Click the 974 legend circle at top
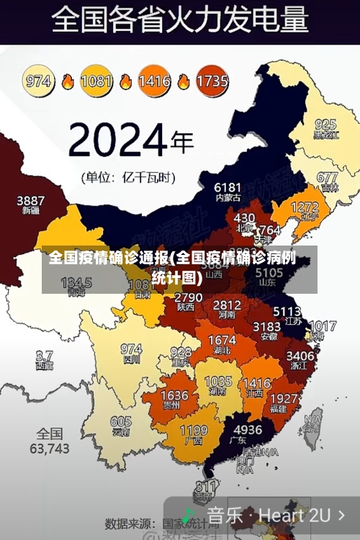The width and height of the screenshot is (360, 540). point(39,81)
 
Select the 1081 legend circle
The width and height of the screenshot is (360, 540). point(96,81)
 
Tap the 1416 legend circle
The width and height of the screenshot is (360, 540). point(153,81)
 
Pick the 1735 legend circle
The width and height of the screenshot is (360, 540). point(212,81)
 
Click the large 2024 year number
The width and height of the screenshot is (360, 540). point(118,138)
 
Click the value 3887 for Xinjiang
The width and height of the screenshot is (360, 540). point(30,200)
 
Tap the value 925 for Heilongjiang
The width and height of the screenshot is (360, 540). point(325,124)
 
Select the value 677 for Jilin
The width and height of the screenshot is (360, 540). point(327,177)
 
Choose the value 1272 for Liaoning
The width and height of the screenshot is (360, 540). point(304,207)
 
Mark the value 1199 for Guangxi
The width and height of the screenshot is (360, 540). point(193,431)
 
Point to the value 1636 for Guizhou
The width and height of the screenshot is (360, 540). point(174,396)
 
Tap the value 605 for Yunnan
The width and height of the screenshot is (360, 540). point(121,422)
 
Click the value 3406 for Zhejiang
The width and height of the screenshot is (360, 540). point(300,356)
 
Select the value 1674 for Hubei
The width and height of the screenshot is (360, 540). point(222,340)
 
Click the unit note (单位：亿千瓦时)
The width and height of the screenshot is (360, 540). point(130,176)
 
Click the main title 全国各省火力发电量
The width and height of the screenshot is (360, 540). point(181,19)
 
